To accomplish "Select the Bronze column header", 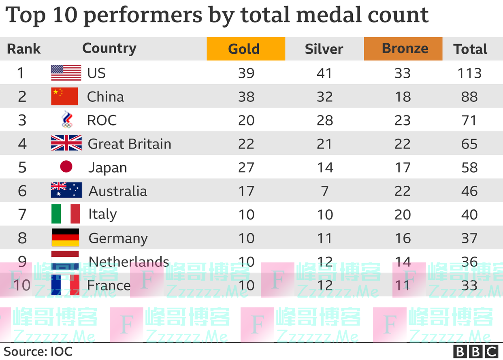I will click(x=403, y=49).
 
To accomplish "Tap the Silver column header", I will click(x=324, y=49).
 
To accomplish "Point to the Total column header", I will click(x=470, y=49).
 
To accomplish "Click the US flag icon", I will click(x=66, y=73).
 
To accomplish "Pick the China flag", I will click(x=64, y=96).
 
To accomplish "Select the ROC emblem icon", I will click(x=66, y=120).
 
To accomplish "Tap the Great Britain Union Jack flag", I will click(x=66, y=143).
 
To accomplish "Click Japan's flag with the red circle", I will click(x=66, y=166).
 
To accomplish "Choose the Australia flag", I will click(x=66, y=190).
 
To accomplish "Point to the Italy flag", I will click(x=66, y=214).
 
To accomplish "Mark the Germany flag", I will click(x=65, y=238).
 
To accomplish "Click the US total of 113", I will click(x=469, y=73).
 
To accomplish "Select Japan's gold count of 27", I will click(x=246, y=167).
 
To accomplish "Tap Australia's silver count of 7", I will click(x=324, y=191).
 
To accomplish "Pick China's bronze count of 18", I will click(x=403, y=97).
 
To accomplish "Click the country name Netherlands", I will click(x=129, y=262).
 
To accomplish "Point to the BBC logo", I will click(x=476, y=351).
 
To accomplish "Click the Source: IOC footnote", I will click(x=38, y=351).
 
